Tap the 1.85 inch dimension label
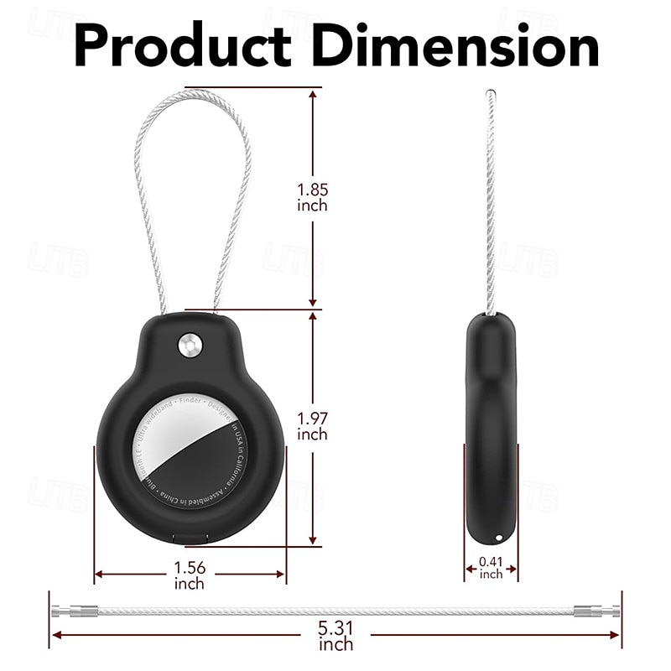(312, 197)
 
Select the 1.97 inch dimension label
(312, 426)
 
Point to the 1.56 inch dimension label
(190, 575)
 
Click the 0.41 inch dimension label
(491, 567)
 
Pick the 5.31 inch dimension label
(335, 636)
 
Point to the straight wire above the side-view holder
(491, 201)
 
